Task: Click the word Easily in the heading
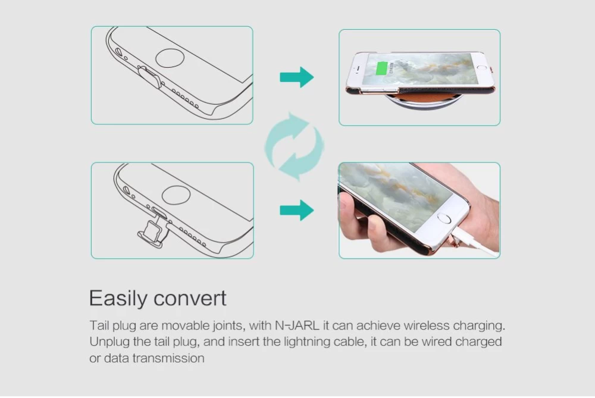(118, 299)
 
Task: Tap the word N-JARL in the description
(297, 325)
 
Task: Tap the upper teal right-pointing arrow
(297, 77)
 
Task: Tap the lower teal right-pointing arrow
(297, 210)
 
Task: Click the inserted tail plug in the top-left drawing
(150, 77)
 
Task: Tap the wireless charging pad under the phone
(424, 101)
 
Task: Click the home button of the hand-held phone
(444, 218)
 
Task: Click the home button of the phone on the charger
(482, 67)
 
